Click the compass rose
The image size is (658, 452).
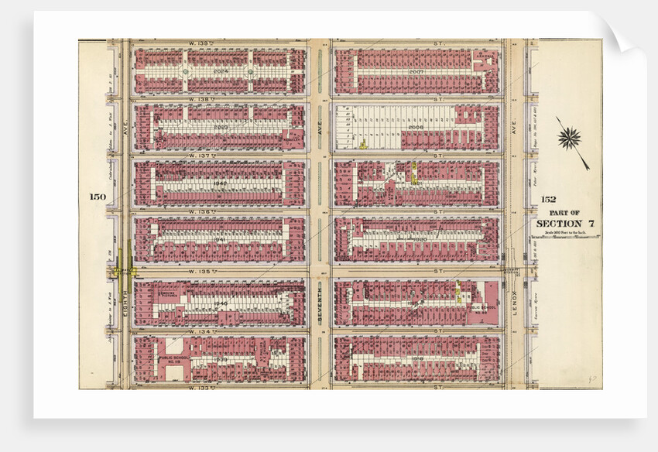(x=569, y=139)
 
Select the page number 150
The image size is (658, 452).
(x=97, y=197)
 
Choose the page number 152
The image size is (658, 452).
(x=548, y=199)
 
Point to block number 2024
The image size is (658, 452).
(x=221, y=70)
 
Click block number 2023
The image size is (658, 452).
(x=221, y=127)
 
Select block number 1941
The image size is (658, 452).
(x=221, y=239)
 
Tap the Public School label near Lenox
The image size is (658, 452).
(x=482, y=307)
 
